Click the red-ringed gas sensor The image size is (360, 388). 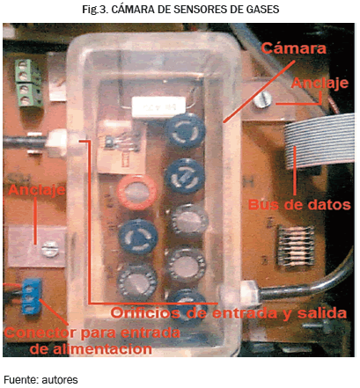pyautogui.click(x=137, y=193)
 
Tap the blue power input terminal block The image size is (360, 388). pyautogui.click(x=31, y=296)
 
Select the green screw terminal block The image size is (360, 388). pyautogui.click(x=27, y=83)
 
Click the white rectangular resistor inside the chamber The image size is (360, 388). pyautogui.click(x=158, y=106)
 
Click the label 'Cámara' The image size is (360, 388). pyautogui.click(x=293, y=48)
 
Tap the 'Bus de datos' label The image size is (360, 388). pyautogui.click(x=299, y=204)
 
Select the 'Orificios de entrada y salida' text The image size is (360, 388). pyautogui.click(x=229, y=313)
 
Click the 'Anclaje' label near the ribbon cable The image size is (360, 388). pyautogui.click(x=320, y=84)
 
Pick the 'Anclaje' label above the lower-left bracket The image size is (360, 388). pyautogui.click(x=36, y=190)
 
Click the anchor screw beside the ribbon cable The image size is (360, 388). pyautogui.click(x=263, y=99)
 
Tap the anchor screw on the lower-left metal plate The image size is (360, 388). pyautogui.click(x=50, y=249)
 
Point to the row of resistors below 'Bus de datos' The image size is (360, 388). pyautogui.click(x=295, y=245)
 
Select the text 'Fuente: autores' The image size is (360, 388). pyautogui.click(x=40, y=380)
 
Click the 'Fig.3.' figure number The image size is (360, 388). pyautogui.click(x=95, y=10)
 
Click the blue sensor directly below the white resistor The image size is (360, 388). pyautogui.click(x=185, y=129)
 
